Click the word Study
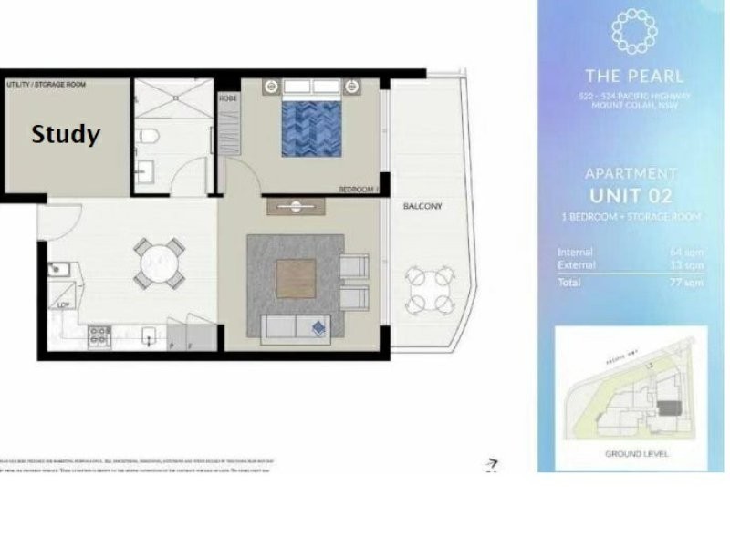pyautogui.click(x=66, y=135)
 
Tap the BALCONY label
pyautogui.click(x=422, y=207)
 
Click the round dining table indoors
pyautogui.click(x=161, y=263)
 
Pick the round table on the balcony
pyautogui.click(x=429, y=290)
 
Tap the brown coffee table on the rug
pyautogui.click(x=296, y=279)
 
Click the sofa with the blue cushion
pyautogui.click(x=295, y=329)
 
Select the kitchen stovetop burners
pyautogui.click(x=99, y=335)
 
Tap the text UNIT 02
pyautogui.click(x=631, y=195)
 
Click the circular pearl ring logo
pyautogui.click(x=631, y=32)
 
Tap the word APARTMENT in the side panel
pyautogui.click(x=631, y=173)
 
